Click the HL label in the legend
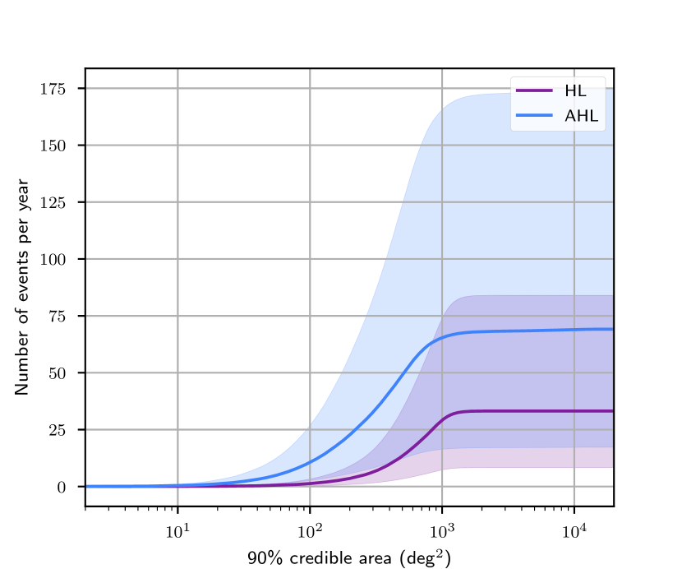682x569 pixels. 575,90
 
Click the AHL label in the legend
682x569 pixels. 584,117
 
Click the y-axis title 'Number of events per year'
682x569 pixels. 22,287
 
